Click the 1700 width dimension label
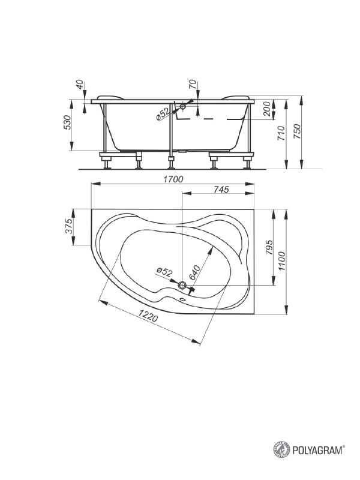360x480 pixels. coord(173,179)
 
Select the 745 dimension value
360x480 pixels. coord(221,190)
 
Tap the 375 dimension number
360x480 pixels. coord(70,226)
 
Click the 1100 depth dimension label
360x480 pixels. coord(281,261)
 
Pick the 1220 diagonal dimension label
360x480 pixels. coord(148,316)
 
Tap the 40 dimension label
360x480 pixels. coord(79,85)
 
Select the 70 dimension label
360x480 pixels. coord(193,85)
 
